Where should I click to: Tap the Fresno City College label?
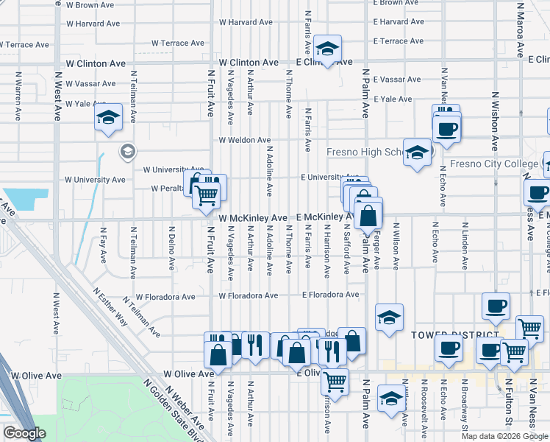(x=494, y=164)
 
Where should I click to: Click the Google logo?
(x=24, y=433)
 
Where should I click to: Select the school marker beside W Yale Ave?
(x=108, y=117)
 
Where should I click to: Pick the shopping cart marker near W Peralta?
(x=207, y=194)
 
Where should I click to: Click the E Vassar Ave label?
(x=397, y=80)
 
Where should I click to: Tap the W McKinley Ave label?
(x=252, y=219)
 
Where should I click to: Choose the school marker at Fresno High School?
(x=417, y=152)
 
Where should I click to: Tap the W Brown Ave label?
(x=90, y=5)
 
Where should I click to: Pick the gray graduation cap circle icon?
(x=127, y=152)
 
